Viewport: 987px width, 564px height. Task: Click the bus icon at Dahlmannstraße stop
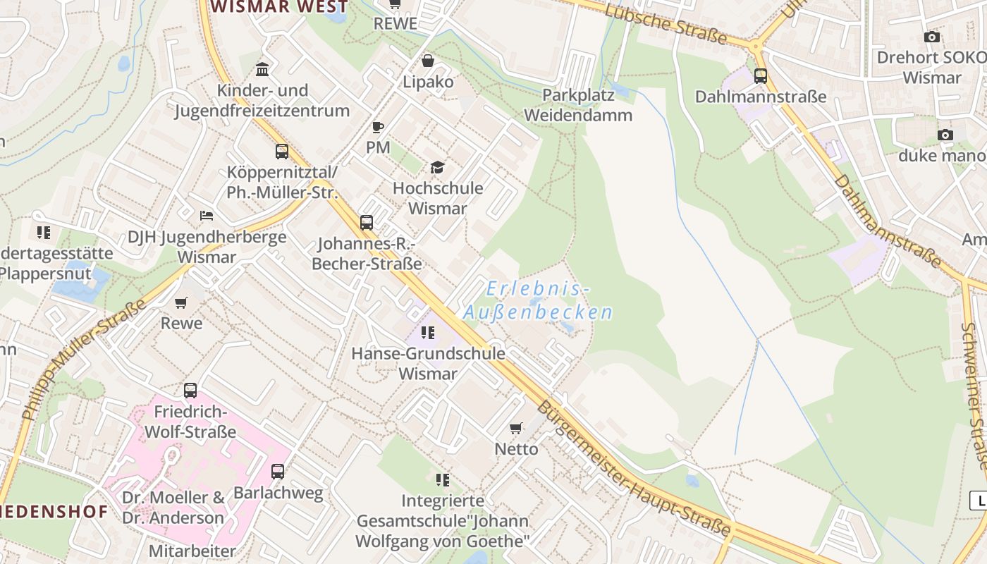tap(760, 75)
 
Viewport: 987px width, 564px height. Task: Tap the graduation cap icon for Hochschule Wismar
tap(437, 167)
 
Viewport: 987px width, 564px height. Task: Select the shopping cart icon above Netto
tap(516, 428)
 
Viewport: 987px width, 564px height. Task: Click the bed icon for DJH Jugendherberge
tap(206, 215)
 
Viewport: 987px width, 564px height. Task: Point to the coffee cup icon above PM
tap(378, 127)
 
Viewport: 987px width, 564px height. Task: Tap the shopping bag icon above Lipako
tap(427, 61)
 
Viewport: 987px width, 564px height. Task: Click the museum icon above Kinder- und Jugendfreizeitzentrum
tap(262, 69)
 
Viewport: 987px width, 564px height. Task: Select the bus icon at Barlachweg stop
tap(278, 471)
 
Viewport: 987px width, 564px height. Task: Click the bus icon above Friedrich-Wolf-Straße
tap(190, 390)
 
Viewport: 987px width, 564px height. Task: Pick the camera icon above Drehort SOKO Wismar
tap(931, 37)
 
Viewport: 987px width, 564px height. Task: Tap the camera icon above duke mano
tap(945, 135)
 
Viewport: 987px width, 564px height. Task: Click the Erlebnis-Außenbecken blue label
tap(537, 301)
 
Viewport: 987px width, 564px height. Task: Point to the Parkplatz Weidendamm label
tap(577, 105)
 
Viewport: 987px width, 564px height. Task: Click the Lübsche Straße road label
tap(666, 21)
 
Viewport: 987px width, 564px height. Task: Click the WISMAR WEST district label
tap(279, 7)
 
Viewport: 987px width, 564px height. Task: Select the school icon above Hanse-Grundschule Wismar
tap(428, 332)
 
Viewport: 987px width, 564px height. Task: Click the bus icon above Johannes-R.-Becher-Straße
tap(367, 223)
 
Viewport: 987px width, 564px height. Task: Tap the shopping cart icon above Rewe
tap(181, 302)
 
